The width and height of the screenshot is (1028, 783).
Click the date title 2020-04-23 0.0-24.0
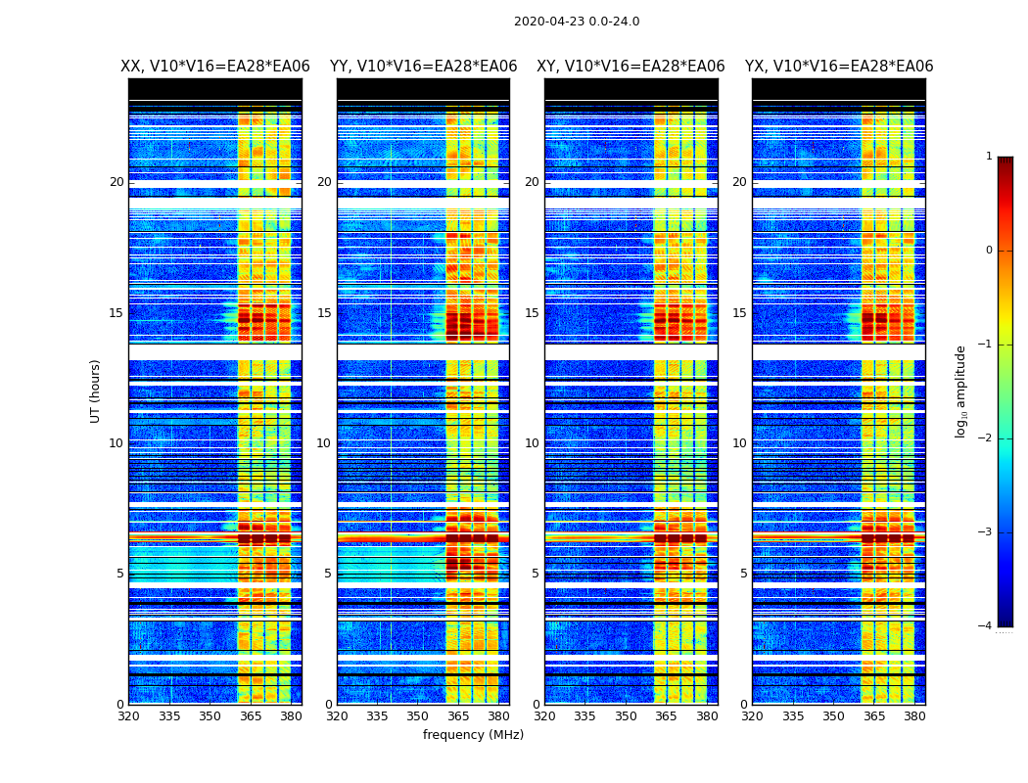(577, 22)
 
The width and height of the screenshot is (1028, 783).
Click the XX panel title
(215, 67)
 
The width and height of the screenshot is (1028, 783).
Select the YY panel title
(423, 67)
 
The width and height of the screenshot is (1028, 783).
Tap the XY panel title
(631, 67)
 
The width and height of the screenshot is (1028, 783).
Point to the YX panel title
(839, 67)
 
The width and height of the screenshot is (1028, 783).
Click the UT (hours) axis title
(95, 391)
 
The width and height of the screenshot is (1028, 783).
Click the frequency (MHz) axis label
(473, 735)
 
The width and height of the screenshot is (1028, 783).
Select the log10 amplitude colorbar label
(960, 391)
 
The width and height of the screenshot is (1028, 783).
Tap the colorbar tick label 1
(989, 157)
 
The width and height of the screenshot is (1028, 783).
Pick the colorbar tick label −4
(986, 626)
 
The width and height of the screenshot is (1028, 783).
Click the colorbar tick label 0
(989, 251)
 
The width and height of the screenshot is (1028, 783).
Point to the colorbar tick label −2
(986, 438)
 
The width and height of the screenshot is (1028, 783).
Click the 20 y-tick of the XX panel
(117, 182)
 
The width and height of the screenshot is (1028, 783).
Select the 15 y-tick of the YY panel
(324, 313)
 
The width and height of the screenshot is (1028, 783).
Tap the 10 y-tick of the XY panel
(532, 443)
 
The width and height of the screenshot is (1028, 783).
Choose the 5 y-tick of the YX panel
(743, 574)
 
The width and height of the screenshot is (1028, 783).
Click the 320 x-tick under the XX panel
(128, 716)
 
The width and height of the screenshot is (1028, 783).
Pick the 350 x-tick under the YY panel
(418, 716)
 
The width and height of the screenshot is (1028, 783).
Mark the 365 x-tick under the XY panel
(666, 716)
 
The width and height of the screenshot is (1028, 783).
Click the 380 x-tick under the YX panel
(914, 716)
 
